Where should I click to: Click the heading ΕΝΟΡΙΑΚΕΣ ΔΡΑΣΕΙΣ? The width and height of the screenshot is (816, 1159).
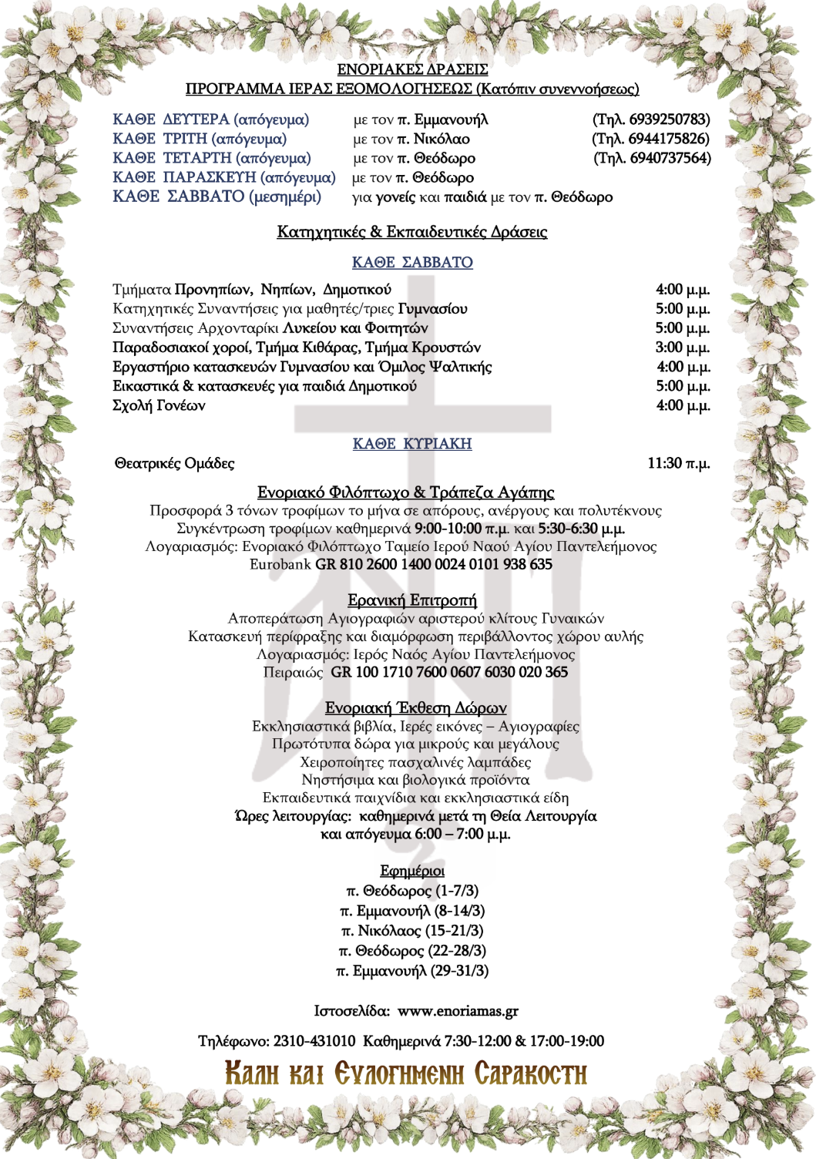[x=412, y=70]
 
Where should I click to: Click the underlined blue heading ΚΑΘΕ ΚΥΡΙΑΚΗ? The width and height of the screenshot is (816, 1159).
[x=412, y=444]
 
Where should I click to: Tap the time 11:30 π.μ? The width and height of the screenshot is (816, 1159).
[x=678, y=463]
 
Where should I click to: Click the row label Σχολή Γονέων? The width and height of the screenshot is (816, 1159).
[x=159, y=405]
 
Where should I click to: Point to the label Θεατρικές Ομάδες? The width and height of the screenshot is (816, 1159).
[x=174, y=463]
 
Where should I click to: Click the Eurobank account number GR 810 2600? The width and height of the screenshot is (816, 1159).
[x=434, y=564]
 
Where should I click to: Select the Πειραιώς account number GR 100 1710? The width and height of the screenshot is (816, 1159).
[x=449, y=672]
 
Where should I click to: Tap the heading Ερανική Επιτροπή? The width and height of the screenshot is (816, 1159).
[x=412, y=600]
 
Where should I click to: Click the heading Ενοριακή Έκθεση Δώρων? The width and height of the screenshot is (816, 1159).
[x=415, y=707]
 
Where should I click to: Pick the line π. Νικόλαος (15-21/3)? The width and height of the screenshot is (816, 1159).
[x=412, y=931]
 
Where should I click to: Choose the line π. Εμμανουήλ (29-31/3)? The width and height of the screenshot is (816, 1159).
[x=412, y=971]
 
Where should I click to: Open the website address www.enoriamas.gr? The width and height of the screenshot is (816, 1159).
[x=458, y=1011]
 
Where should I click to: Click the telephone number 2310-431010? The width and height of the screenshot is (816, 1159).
[x=314, y=1041]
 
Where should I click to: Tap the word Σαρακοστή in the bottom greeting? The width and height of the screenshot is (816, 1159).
[x=530, y=1073]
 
